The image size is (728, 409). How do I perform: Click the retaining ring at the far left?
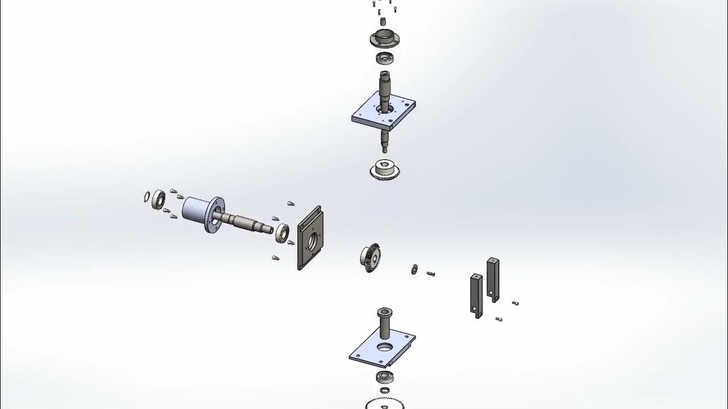(147, 197)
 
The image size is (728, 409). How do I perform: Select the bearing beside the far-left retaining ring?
(159, 199)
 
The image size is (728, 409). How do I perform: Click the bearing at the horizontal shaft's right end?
(282, 232)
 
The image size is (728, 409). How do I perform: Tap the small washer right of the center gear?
(414, 268)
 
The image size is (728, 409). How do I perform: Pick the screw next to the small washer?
(431, 274)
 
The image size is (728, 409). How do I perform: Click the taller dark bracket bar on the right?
(493, 278)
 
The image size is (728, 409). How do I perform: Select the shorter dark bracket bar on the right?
(476, 294)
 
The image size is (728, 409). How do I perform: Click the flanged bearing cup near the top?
(384, 39)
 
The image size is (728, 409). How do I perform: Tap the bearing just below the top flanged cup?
(384, 57)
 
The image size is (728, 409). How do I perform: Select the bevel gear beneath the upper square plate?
(384, 170)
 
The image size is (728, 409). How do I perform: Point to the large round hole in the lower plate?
(384, 346)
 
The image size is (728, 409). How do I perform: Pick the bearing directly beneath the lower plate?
(385, 377)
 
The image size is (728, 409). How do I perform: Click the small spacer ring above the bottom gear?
(385, 390)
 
